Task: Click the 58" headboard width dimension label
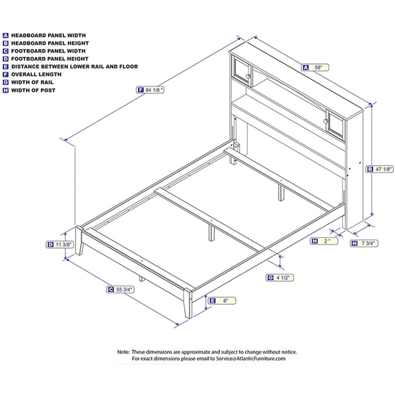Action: [x=315, y=68]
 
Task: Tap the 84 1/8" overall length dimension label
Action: [x=150, y=90]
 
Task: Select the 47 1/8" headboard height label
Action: [x=380, y=169]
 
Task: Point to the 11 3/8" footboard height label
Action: [x=60, y=244]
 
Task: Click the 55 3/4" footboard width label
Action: [x=120, y=290]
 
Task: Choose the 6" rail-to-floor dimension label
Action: [x=222, y=301]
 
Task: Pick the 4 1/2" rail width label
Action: [x=280, y=277]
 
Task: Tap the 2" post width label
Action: [x=324, y=241]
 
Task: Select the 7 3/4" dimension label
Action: [x=364, y=243]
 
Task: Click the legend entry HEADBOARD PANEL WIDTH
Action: [x=44, y=36]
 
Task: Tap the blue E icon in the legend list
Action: [x=5, y=67]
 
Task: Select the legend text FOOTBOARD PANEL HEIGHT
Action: [x=50, y=59]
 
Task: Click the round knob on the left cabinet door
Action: [x=248, y=77]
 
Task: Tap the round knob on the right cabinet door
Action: [x=326, y=121]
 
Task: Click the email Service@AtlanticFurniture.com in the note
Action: [x=251, y=359]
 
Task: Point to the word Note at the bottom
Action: [x=123, y=352]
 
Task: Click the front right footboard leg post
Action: [x=188, y=304]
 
